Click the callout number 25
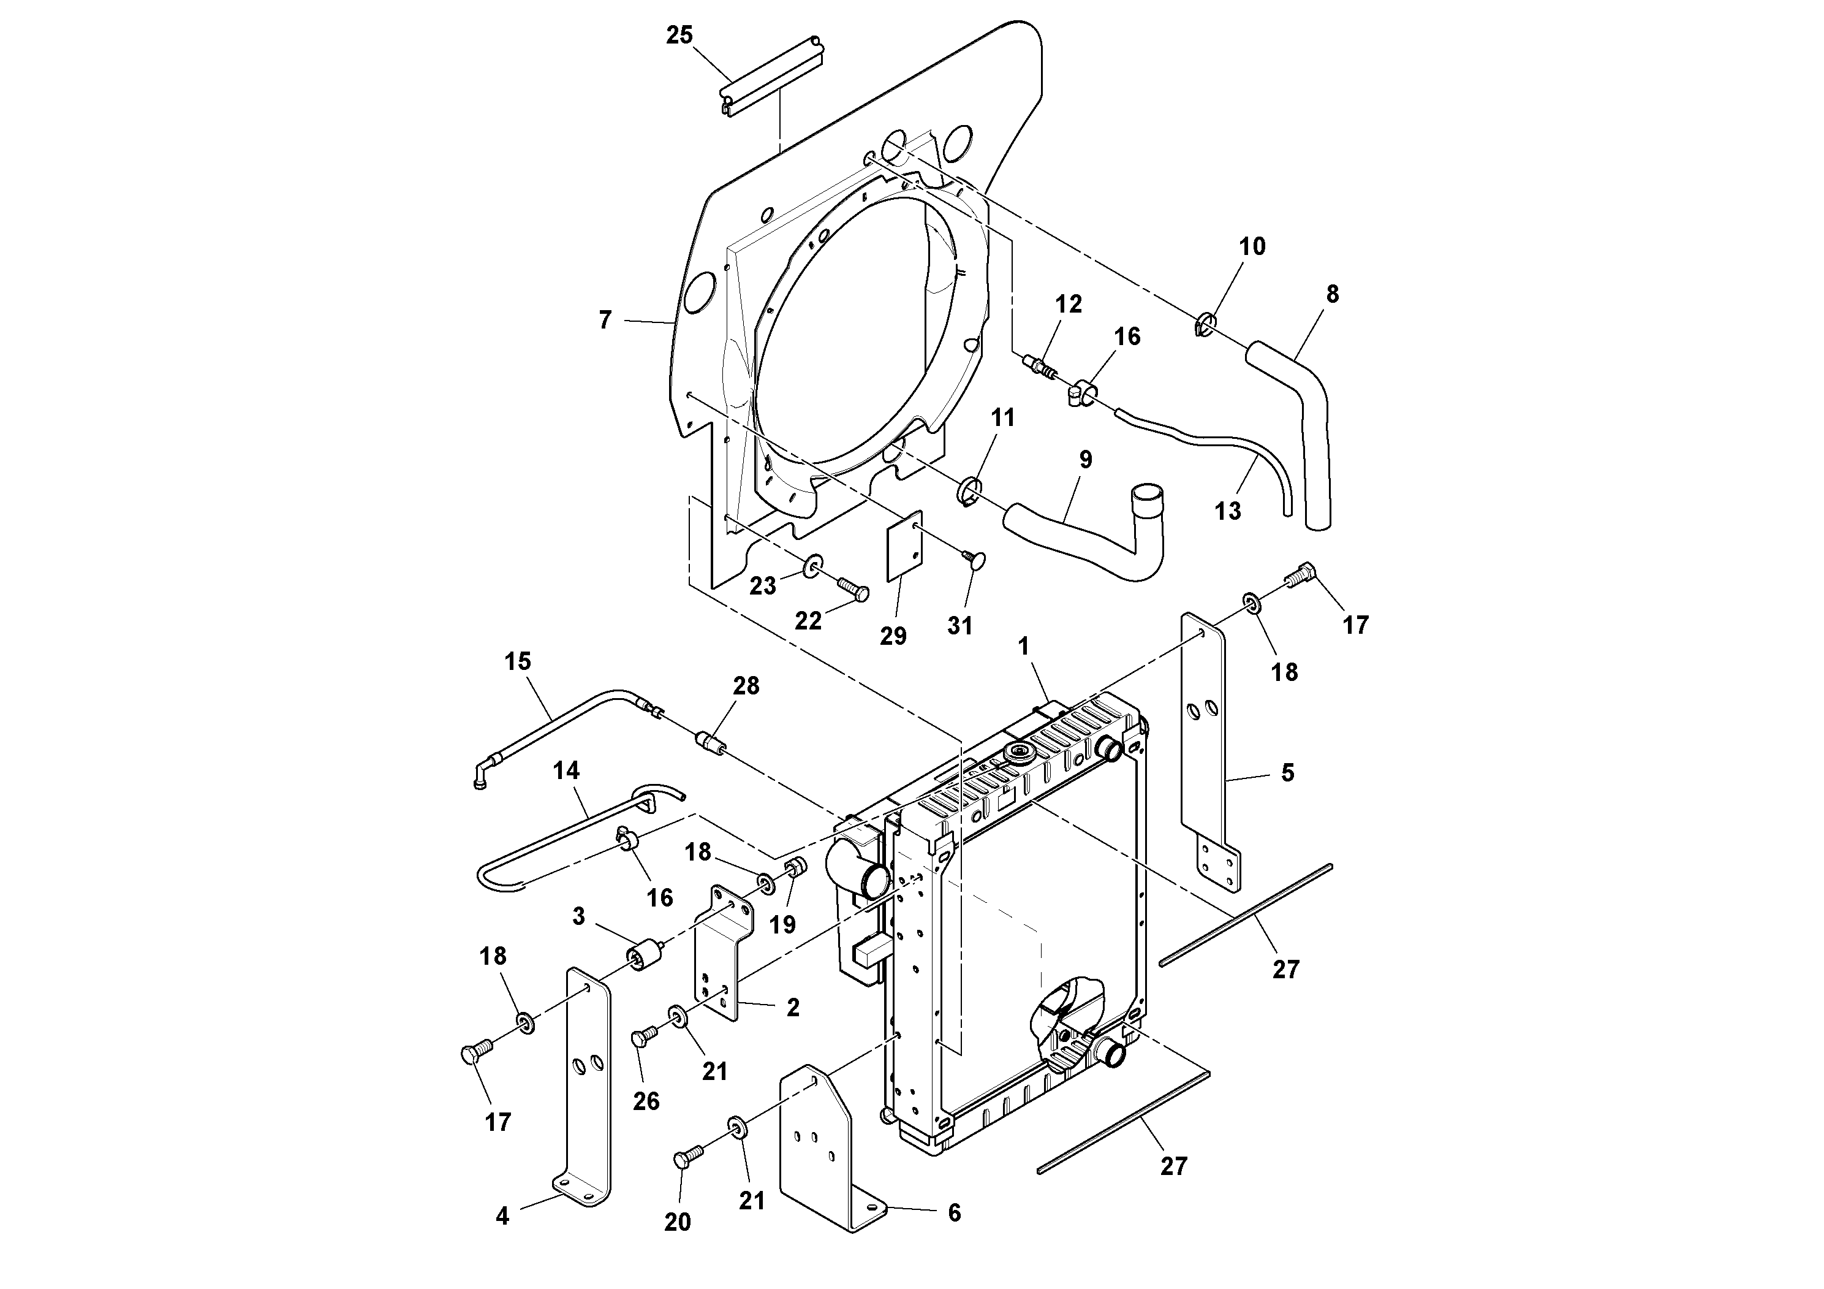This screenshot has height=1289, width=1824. tap(679, 36)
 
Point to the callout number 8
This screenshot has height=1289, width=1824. tap(1332, 295)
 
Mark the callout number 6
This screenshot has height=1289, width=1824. tap(954, 1213)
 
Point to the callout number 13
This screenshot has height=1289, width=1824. tap(1227, 511)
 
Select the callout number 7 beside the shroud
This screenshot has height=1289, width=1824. tap(605, 321)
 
